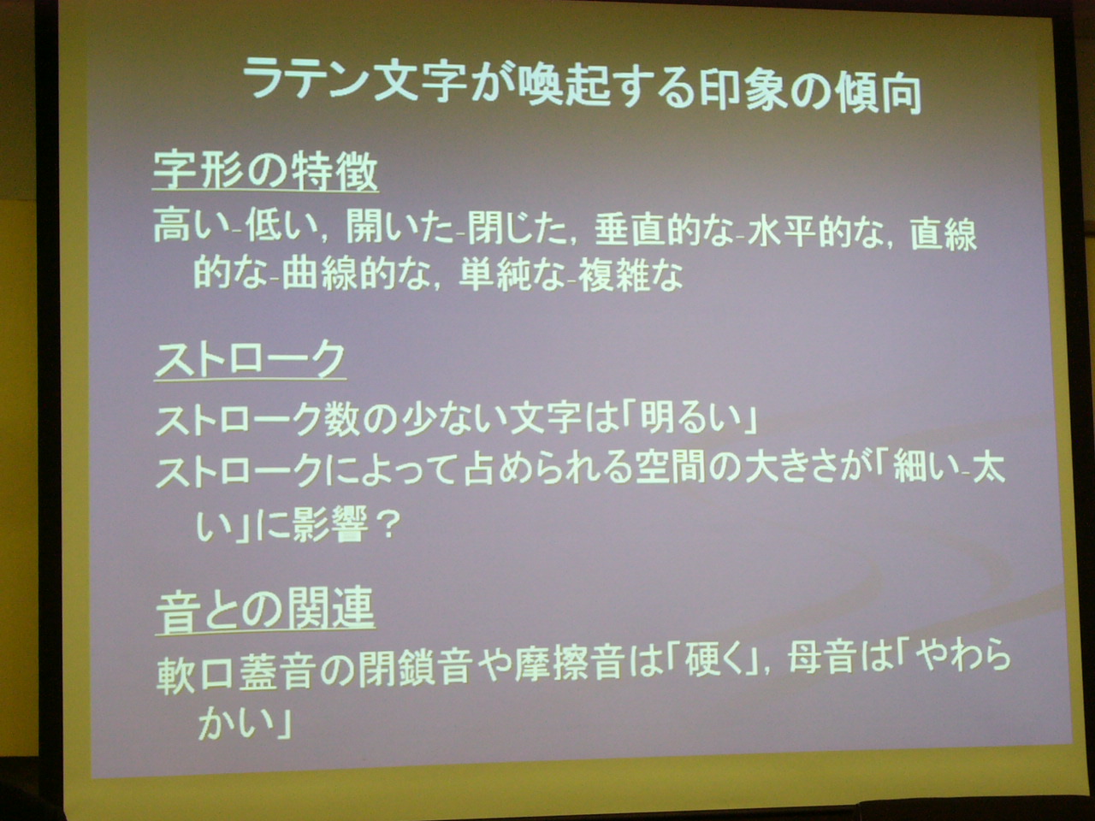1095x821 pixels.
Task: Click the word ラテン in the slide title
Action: [x=306, y=79]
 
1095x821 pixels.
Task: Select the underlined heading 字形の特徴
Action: [x=265, y=170]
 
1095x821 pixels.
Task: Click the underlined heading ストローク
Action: [x=251, y=359]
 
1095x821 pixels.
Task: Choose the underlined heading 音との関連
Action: [x=265, y=611]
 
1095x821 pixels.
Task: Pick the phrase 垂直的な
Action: [x=665, y=232]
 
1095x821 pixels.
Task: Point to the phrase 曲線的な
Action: [x=354, y=275]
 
